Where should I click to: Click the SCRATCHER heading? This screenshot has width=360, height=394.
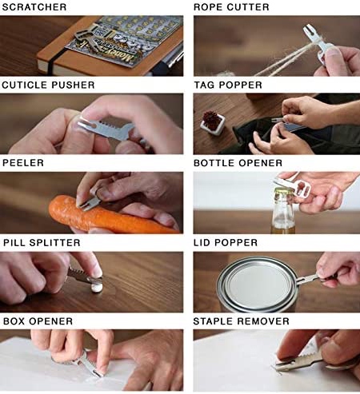34,7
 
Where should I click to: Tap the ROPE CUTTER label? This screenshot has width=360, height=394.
231,7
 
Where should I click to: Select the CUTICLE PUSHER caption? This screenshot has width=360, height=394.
48,85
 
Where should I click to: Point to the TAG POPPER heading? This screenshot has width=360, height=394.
228,85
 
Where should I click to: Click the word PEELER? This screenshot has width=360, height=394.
23,163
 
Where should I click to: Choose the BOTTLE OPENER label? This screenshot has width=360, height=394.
238,163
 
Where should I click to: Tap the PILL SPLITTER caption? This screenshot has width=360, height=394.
42,243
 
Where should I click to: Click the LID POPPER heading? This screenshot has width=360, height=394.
226,243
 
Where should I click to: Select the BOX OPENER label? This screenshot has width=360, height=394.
38,321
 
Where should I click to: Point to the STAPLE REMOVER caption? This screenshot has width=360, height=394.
242,321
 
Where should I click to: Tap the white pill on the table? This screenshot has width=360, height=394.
97,288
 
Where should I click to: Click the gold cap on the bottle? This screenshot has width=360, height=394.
283,191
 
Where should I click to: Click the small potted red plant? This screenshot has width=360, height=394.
212,123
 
